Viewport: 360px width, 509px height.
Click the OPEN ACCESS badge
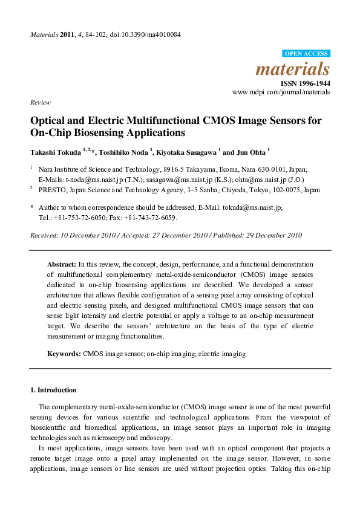tap(307, 54)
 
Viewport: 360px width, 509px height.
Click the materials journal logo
tap(293, 68)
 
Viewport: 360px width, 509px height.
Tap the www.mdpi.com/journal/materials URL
tap(281, 92)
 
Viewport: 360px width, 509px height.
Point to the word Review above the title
tap(40, 103)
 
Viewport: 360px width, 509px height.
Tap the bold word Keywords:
tap(64, 352)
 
